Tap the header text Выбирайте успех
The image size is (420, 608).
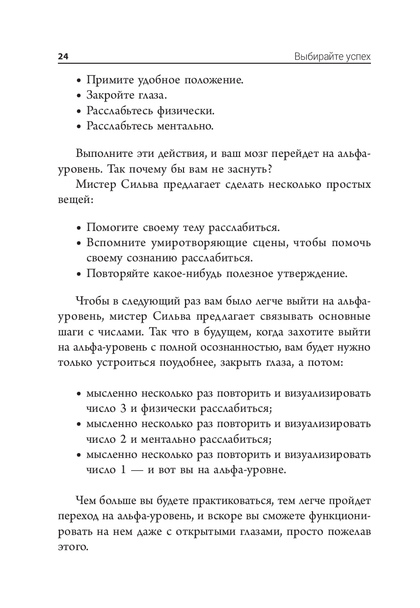click(x=332, y=56)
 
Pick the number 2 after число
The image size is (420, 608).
click(x=123, y=439)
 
